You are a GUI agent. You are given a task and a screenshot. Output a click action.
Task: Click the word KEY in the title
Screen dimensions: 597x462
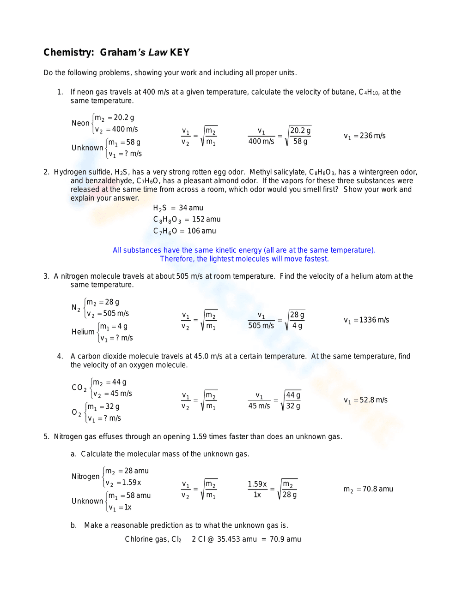180,53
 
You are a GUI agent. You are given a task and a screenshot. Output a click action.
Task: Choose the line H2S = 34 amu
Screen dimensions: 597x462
178,208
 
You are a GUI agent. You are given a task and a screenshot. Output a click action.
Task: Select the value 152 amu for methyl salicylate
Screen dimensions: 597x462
206,220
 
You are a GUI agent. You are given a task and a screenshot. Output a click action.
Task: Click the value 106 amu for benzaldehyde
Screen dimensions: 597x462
201,231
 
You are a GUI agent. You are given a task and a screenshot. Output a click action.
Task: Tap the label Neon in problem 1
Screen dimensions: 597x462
80,123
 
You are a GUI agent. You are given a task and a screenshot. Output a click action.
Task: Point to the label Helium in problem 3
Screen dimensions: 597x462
83,332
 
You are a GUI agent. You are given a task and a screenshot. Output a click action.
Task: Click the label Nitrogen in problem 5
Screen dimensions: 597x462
85,477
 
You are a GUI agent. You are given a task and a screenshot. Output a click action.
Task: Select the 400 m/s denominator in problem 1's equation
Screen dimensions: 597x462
261,142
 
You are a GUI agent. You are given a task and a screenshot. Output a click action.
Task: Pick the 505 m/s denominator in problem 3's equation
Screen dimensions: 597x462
261,326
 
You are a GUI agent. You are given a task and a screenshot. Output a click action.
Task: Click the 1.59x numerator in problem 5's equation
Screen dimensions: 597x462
257,484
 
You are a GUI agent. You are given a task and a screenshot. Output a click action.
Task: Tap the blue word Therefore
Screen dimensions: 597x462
177,259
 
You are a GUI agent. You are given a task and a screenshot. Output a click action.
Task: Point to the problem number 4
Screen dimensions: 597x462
60,356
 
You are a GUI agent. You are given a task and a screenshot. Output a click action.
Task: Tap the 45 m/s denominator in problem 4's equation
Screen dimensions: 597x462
259,406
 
